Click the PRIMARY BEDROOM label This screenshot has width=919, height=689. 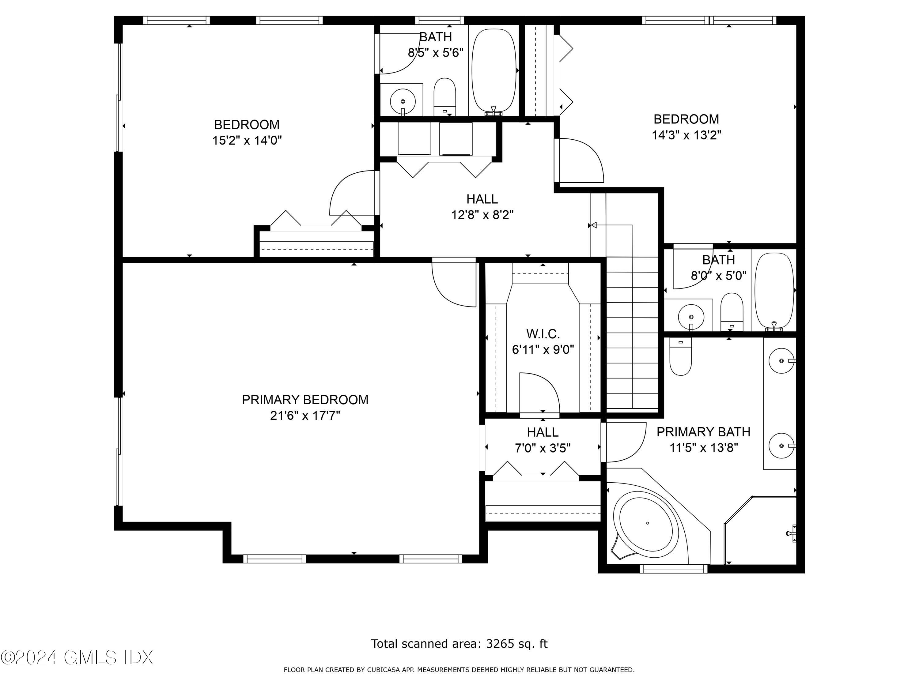click(x=305, y=400)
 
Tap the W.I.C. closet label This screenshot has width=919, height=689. click(x=543, y=334)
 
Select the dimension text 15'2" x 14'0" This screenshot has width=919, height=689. click(x=247, y=140)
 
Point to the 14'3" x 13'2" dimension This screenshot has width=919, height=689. click(x=686, y=135)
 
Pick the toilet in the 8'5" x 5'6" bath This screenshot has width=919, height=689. click(x=444, y=97)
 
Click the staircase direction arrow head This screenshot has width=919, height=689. click(x=594, y=225)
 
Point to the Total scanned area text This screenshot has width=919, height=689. click(x=459, y=644)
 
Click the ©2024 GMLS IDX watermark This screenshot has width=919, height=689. click(x=77, y=657)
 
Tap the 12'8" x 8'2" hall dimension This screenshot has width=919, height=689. click(x=482, y=215)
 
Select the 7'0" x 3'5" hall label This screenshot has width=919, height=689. click(x=543, y=448)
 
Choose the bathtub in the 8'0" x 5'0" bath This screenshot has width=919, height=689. click(x=774, y=292)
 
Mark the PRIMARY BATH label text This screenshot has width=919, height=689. click(x=703, y=432)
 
